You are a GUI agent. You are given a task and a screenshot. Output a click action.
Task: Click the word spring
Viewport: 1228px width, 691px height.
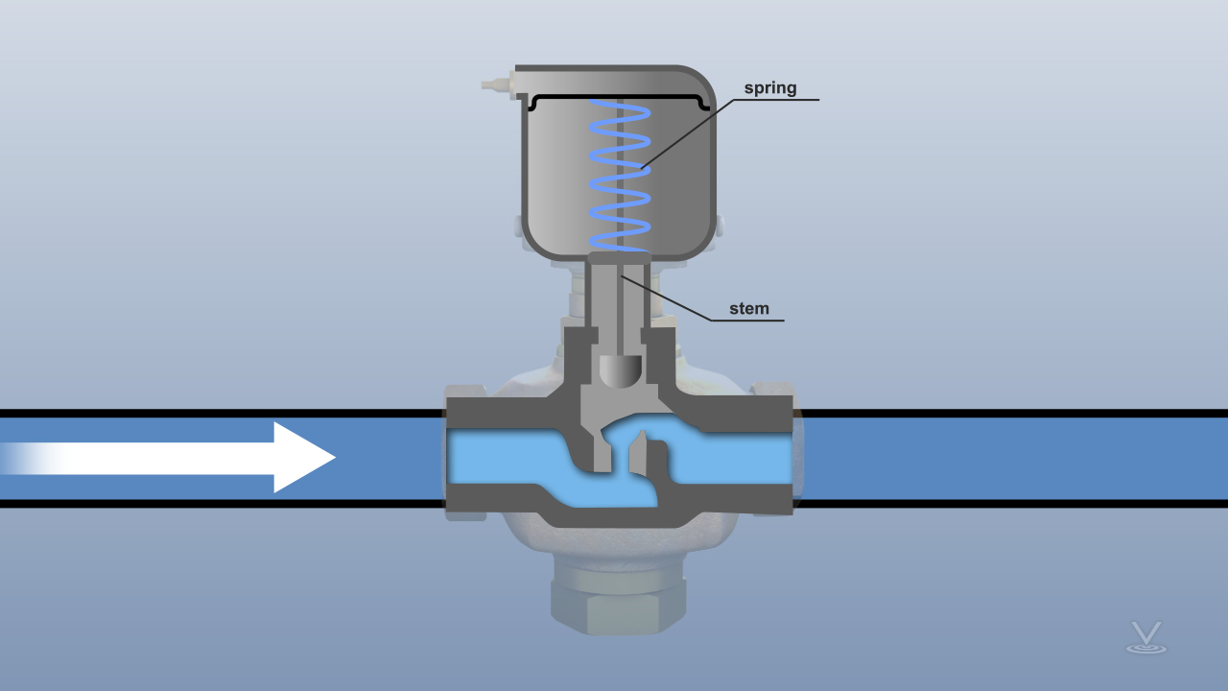(769, 88)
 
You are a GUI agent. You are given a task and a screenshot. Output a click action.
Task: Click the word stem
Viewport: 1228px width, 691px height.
(748, 308)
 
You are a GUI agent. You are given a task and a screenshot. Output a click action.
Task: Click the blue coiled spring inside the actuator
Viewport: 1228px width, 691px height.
(619, 173)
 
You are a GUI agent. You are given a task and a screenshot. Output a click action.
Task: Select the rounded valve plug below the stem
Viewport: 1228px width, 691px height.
(620, 370)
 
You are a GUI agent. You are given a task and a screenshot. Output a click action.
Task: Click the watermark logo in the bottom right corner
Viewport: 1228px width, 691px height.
(1145, 638)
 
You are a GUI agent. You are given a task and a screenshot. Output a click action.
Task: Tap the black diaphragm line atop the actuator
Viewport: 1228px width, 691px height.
(619, 97)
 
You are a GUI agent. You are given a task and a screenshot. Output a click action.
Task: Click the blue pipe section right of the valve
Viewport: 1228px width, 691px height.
(1007, 459)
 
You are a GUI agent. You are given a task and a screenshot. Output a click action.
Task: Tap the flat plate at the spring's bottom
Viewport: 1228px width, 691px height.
(619, 257)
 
